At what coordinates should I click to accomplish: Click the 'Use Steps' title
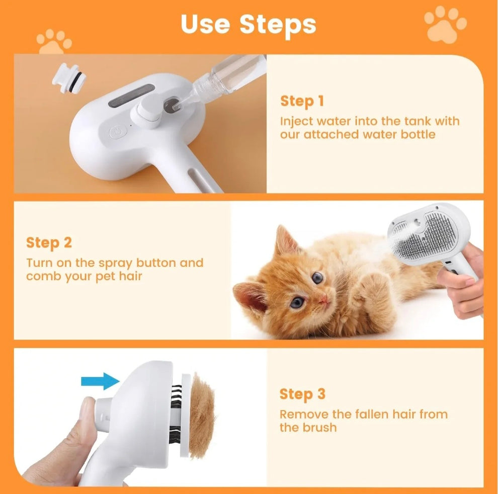coord(248,24)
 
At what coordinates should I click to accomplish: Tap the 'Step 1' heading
coord(302,101)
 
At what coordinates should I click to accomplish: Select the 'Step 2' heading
coord(49,243)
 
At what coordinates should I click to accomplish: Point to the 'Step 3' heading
coord(302,394)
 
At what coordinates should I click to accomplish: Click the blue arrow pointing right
coord(100,381)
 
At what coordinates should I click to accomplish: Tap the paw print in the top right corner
coord(445,24)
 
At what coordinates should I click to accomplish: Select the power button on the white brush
coord(117,133)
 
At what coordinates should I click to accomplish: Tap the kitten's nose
coord(323,300)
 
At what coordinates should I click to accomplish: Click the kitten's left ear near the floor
coord(250,298)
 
